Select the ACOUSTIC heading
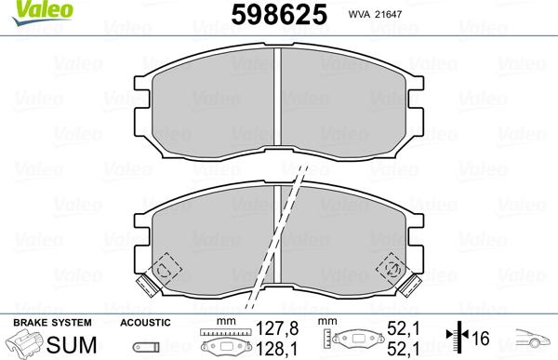tap(145, 322)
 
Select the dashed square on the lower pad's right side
tap(392, 269)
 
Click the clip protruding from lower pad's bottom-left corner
tap(146, 284)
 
